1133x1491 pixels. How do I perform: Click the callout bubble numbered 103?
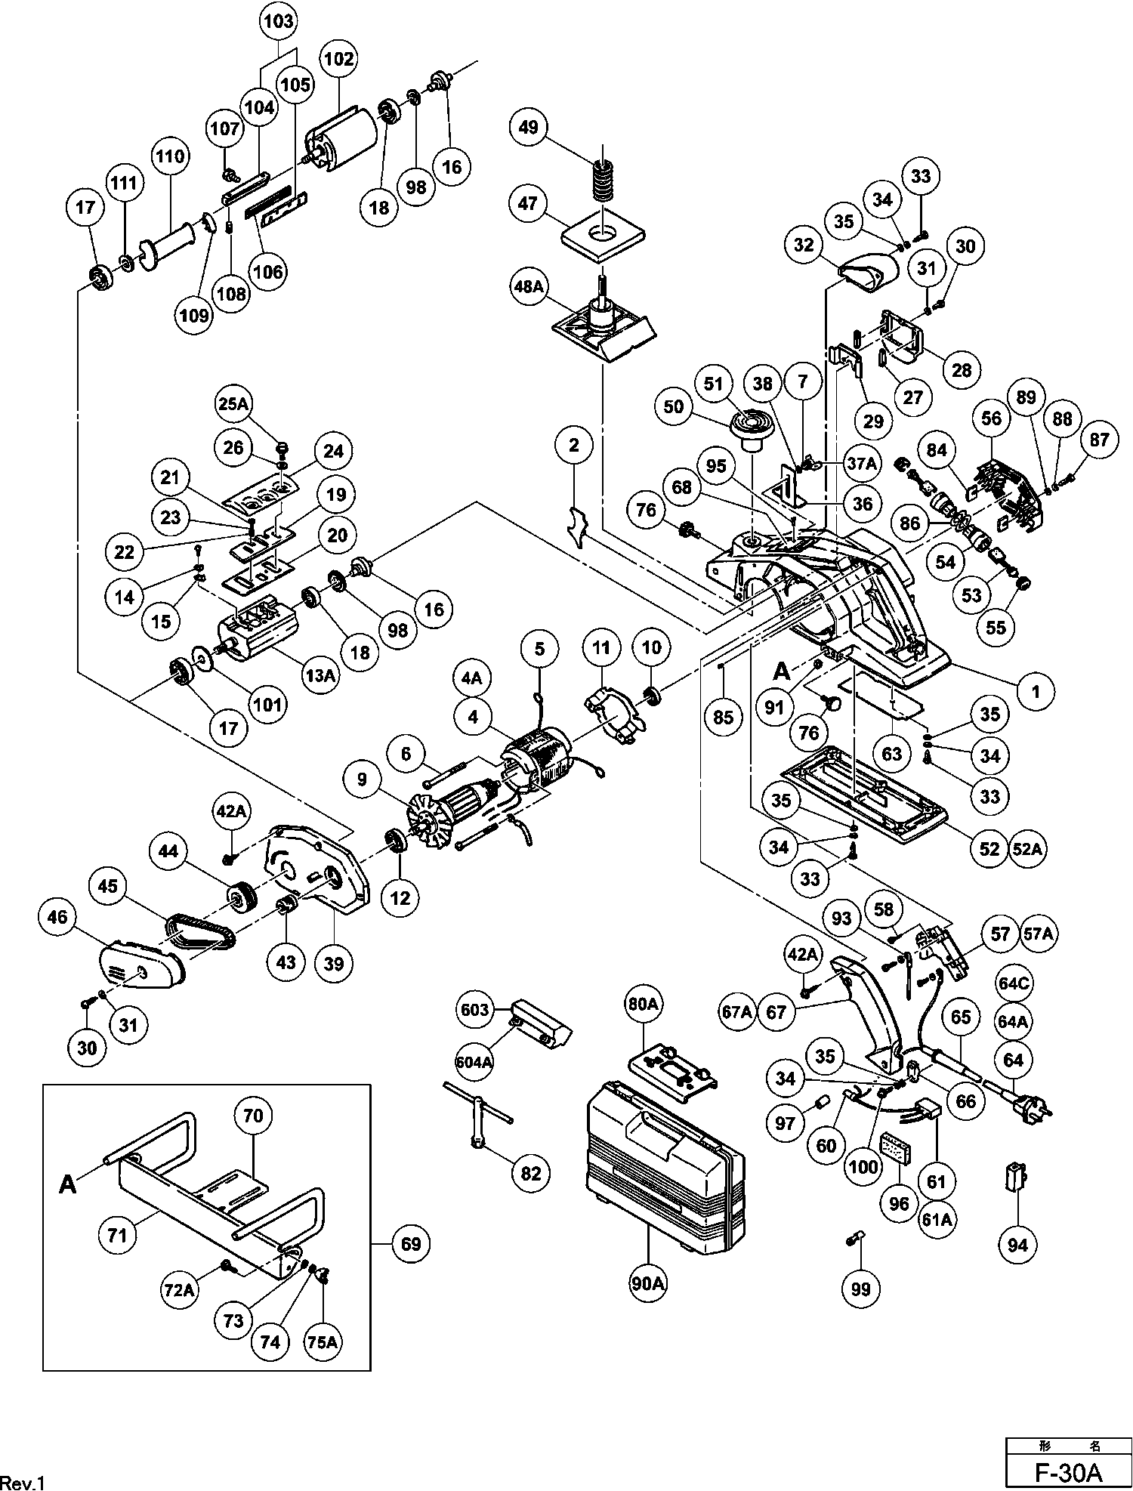coord(279,21)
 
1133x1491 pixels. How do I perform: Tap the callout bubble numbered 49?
coord(529,127)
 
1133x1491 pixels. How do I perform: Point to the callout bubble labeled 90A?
coord(648,1283)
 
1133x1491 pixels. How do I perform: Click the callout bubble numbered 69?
coord(410,1242)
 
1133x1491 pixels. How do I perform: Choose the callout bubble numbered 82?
coord(531,1172)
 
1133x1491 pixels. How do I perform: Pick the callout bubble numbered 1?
coord(1036,690)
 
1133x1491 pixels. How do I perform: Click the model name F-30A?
coord(1069,1472)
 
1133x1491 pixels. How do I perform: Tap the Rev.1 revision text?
coord(23,1483)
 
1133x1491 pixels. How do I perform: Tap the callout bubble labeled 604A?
coord(474,1060)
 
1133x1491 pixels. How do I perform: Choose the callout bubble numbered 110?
coord(170,156)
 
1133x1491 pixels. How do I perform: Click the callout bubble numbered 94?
coord(1017,1244)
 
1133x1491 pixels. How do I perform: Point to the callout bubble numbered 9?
coord(363,779)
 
